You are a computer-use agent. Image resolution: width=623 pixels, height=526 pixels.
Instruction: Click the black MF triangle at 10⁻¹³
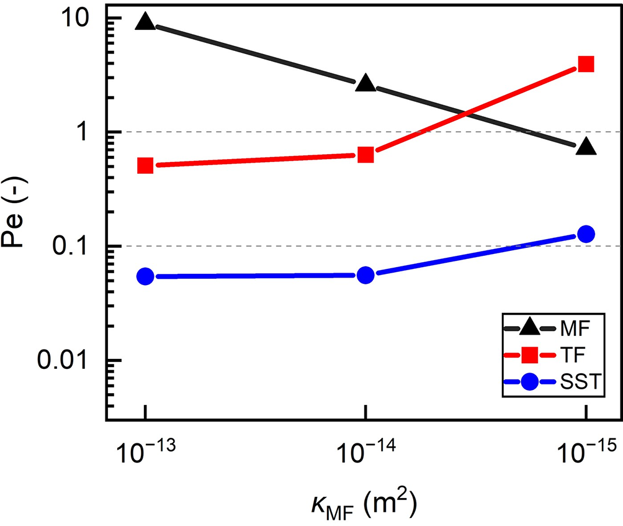pyautogui.click(x=145, y=22)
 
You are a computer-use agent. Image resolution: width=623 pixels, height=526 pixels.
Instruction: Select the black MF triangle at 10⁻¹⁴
pyautogui.click(x=366, y=84)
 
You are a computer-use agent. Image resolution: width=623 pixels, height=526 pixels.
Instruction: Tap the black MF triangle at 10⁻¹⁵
pyautogui.click(x=586, y=147)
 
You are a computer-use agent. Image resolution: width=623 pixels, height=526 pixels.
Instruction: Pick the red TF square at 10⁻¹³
pyautogui.click(x=145, y=166)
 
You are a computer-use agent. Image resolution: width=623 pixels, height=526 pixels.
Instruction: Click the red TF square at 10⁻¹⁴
pyautogui.click(x=366, y=154)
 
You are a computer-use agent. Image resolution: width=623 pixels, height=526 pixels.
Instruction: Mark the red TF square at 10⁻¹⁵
pyautogui.click(x=586, y=64)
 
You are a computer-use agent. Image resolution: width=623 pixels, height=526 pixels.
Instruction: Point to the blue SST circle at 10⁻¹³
pyautogui.click(x=145, y=276)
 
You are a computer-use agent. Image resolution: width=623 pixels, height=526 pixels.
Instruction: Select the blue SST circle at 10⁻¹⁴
pyautogui.click(x=366, y=274)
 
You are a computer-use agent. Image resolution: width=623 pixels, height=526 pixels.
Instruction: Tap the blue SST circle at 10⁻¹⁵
pyautogui.click(x=586, y=234)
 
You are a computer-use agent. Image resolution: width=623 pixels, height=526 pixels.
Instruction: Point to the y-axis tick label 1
pyautogui.click(x=86, y=132)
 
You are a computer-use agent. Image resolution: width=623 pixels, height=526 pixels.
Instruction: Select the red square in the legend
pyautogui.click(x=529, y=355)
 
